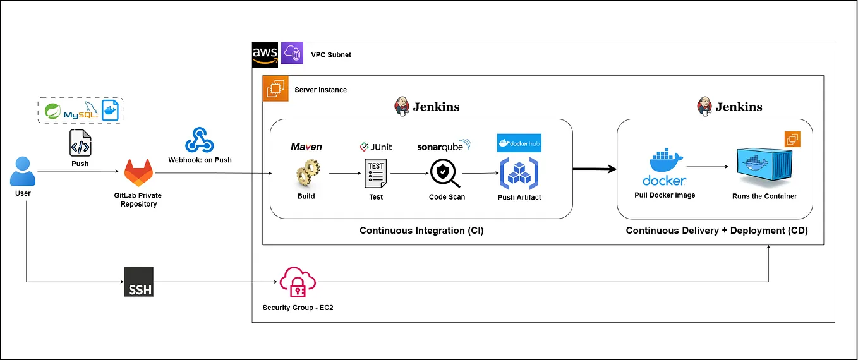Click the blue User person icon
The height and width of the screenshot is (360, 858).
pyautogui.click(x=23, y=171)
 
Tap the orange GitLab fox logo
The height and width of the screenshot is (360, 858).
pyautogui.click(x=138, y=172)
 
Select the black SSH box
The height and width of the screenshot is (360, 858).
pyautogui.click(x=138, y=282)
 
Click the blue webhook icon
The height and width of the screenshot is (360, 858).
pyautogui.click(x=200, y=140)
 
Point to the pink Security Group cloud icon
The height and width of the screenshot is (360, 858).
pyautogui.click(x=298, y=282)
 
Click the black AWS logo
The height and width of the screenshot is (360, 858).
pyautogui.click(x=265, y=54)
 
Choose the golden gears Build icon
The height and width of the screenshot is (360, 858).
pyautogui.click(x=306, y=173)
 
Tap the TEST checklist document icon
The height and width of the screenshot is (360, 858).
pyautogui.click(x=376, y=174)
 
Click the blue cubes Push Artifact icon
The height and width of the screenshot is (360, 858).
pyautogui.click(x=519, y=174)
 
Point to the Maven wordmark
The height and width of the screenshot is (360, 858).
pyautogui.click(x=306, y=147)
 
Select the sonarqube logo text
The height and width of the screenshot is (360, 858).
pyautogui.click(x=444, y=146)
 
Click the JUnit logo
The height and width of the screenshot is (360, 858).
pyautogui.click(x=375, y=147)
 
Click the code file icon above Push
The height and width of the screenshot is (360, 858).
pyautogui.click(x=80, y=143)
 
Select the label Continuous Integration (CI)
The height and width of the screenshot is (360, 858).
pyautogui.click(x=421, y=231)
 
